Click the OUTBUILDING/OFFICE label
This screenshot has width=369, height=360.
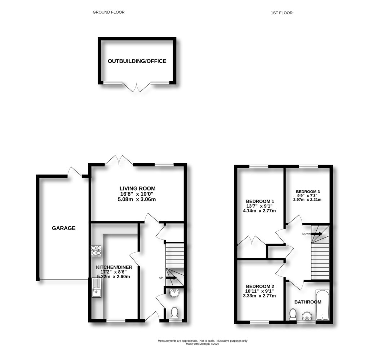click(x=137, y=61)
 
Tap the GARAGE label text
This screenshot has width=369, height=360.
click(x=63, y=228)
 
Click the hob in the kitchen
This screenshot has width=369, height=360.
click(x=96, y=250)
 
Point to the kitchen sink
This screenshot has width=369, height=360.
click(x=97, y=288)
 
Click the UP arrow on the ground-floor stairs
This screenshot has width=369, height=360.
click(x=170, y=278)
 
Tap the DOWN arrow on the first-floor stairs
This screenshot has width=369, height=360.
click(x=317, y=234)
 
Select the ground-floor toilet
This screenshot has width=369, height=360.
click(x=174, y=312)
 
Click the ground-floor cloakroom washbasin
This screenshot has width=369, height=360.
click(x=174, y=293)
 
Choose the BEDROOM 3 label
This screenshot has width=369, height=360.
click(x=308, y=192)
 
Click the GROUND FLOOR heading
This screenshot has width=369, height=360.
click(x=108, y=12)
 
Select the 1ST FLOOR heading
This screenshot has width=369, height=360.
click(x=281, y=13)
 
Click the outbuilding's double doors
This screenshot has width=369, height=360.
click(x=137, y=87)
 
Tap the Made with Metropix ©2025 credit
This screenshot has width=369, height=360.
click(x=202, y=344)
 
